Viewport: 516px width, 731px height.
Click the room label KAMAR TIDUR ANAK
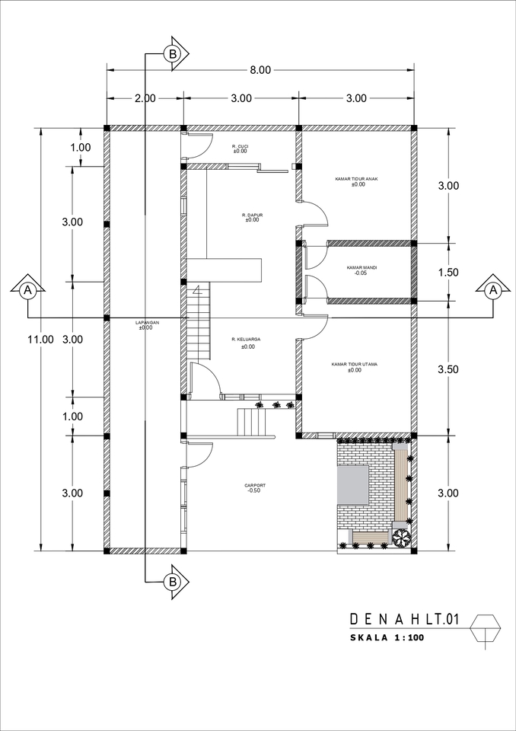coord(356,179)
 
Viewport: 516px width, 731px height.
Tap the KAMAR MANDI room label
coord(362,268)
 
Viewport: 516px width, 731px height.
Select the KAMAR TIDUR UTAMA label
coord(355,365)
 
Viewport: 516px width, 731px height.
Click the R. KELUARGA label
coord(247,340)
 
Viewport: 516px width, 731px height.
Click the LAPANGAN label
coord(146,323)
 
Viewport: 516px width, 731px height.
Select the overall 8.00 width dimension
coord(260,70)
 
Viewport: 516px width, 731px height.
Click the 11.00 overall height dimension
coord(43,340)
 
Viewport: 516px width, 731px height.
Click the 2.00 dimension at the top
coord(145,98)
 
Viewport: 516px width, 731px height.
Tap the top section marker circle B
coord(173,54)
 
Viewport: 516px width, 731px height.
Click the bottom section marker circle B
coord(173,582)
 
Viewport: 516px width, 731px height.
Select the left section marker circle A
coord(28,290)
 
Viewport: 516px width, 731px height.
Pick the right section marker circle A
coord(492,290)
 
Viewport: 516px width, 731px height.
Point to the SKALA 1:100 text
coord(387,638)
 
